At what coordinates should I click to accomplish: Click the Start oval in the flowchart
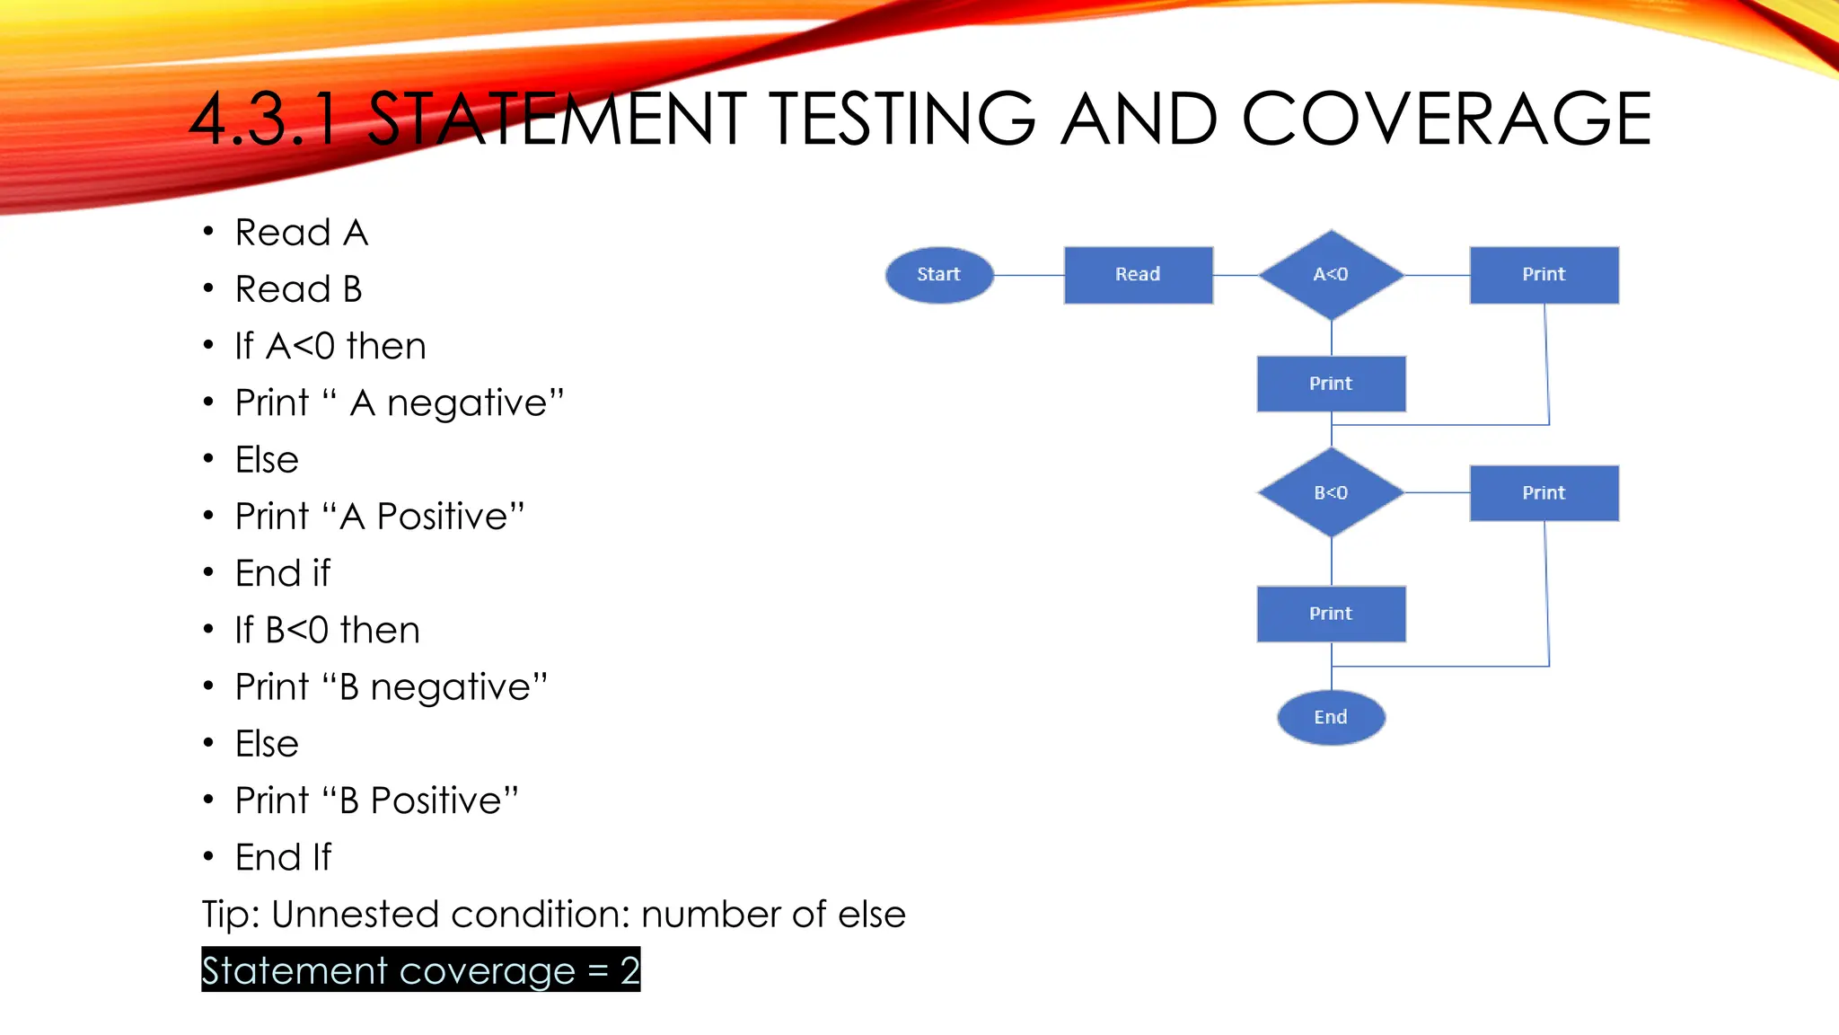(x=939, y=275)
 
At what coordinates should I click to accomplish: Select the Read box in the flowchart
(x=1138, y=275)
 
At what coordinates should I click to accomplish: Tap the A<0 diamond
(x=1331, y=275)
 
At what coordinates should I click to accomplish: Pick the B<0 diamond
(x=1331, y=492)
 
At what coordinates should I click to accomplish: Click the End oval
(x=1331, y=717)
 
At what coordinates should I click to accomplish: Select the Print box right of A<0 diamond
(x=1544, y=275)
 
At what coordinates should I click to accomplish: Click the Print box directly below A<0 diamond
(x=1331, y=384)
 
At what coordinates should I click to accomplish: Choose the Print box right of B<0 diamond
(x=1544, y=492)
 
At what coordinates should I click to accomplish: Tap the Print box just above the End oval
(x=1331, y=614)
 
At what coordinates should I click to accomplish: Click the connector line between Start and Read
(x=1029, y=275)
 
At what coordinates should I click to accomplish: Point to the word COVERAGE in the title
(x=1446, y=119)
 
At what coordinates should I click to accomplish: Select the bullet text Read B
(x=298, y=289)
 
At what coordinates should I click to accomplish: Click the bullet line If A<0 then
(x=330, y=346)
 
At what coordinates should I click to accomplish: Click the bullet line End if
(x=282, y=573)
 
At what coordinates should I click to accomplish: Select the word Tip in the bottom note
(x=230, y=915)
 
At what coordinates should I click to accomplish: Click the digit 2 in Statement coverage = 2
(x=629, y=970)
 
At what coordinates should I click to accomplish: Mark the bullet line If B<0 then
(x=327, y=630)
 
